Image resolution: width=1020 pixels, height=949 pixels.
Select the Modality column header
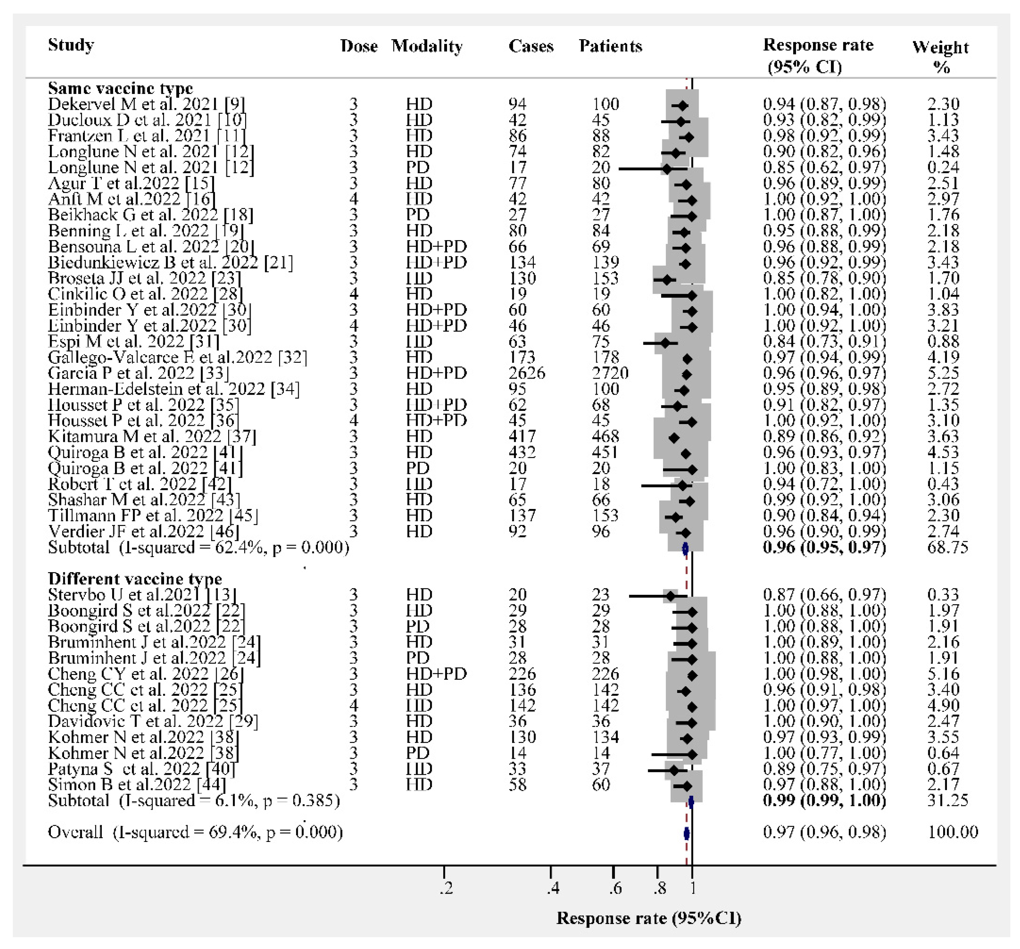click(x=427, y=46)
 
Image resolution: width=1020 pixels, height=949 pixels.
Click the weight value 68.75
click(x=947, y=547)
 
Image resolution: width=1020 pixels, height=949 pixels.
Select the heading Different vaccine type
click(x=135, y=579)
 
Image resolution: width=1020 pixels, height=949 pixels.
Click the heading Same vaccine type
click(x=120, y=88)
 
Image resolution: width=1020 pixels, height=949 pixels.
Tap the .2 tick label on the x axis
click(x=446, y=888)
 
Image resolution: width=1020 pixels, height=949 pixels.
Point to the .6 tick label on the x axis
click(x=615, y=888)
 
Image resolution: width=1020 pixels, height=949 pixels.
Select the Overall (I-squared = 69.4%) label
click(x=195, y=832)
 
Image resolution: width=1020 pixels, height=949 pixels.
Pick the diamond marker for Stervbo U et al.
click(x=670, y=596)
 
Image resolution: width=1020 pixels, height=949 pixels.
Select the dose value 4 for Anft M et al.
click(x=354, y=199)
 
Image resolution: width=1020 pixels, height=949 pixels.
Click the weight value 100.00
click(x=953, y=832)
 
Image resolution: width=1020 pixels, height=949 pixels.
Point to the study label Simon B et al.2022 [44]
click(x=136, y=785)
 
